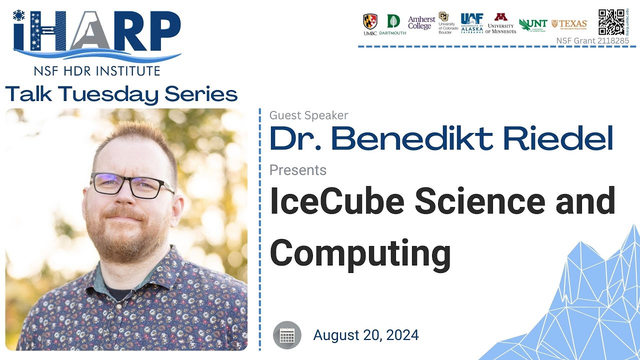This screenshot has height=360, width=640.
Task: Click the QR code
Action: [x=611, y=22]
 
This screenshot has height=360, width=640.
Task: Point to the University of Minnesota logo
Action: [x=500, y=23]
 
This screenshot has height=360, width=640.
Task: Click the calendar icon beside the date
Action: [x=287, y=335]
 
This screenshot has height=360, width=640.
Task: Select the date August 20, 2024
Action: [x=366, y=335]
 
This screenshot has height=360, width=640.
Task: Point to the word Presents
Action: [x=298, y=170]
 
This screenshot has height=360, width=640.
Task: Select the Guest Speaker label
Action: [x=308, y=115]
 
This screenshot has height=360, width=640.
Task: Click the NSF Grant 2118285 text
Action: [x=592, y=41]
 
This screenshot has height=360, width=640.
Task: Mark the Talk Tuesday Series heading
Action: [x=121, y=94]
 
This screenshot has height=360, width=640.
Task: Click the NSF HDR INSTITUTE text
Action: [x=97, y=70]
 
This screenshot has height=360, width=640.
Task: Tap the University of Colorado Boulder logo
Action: [x=446, y=23]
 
